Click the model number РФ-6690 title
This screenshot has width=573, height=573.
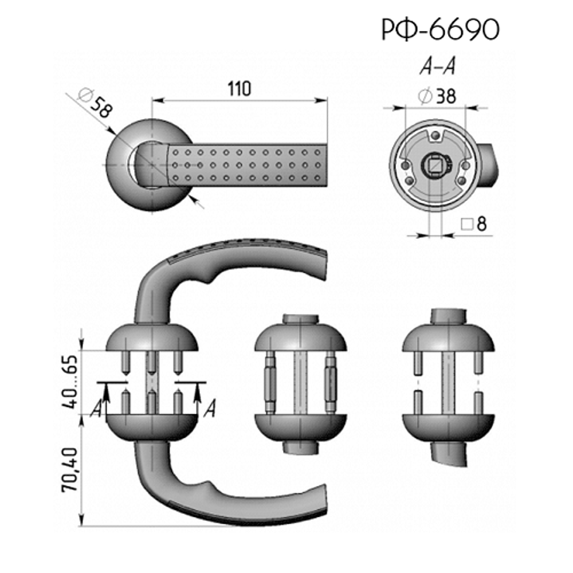440,29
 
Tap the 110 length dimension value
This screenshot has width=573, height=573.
240,89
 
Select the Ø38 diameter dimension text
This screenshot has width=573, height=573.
437,96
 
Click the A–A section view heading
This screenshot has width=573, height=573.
437,66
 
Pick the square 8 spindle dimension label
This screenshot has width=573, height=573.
474,223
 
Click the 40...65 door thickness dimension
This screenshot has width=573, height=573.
69,382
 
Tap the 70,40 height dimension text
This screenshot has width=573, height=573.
69,469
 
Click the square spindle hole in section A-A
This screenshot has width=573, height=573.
435,166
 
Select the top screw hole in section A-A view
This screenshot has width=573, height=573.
435,136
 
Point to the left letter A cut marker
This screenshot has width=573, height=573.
96,409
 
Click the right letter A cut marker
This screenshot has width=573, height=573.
210,409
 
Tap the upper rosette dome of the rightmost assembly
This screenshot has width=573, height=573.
449,338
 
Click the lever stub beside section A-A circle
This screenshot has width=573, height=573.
487,165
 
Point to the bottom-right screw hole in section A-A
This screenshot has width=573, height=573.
461,181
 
